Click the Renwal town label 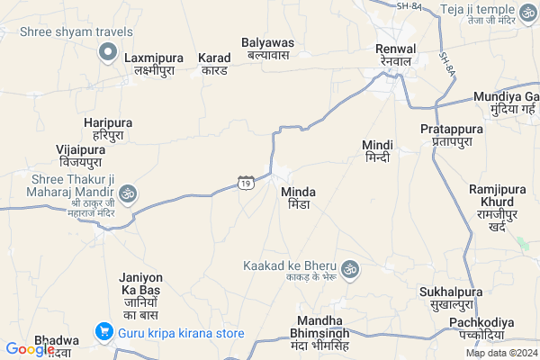click(396, 54)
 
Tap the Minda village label click(299, 199)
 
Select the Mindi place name click(377, 151)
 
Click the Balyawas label click(268, 48)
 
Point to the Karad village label click(214, 63)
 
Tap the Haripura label click(108, 128)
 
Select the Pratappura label click(451, 136)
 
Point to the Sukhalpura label click(451, 298)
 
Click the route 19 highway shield click(245, 183)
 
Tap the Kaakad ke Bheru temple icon click(350, 267)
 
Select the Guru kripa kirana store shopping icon click(105, 333)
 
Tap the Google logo click(30, 349)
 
